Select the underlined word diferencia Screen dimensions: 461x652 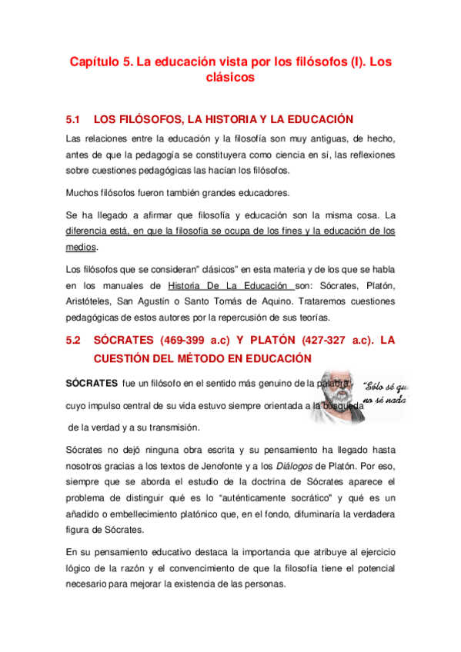point(89,230)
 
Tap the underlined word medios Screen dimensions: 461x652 point(81,247)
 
